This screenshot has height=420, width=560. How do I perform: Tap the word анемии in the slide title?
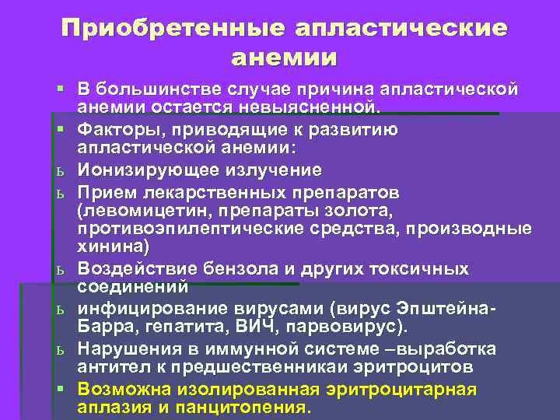click(x=284, y=58)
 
